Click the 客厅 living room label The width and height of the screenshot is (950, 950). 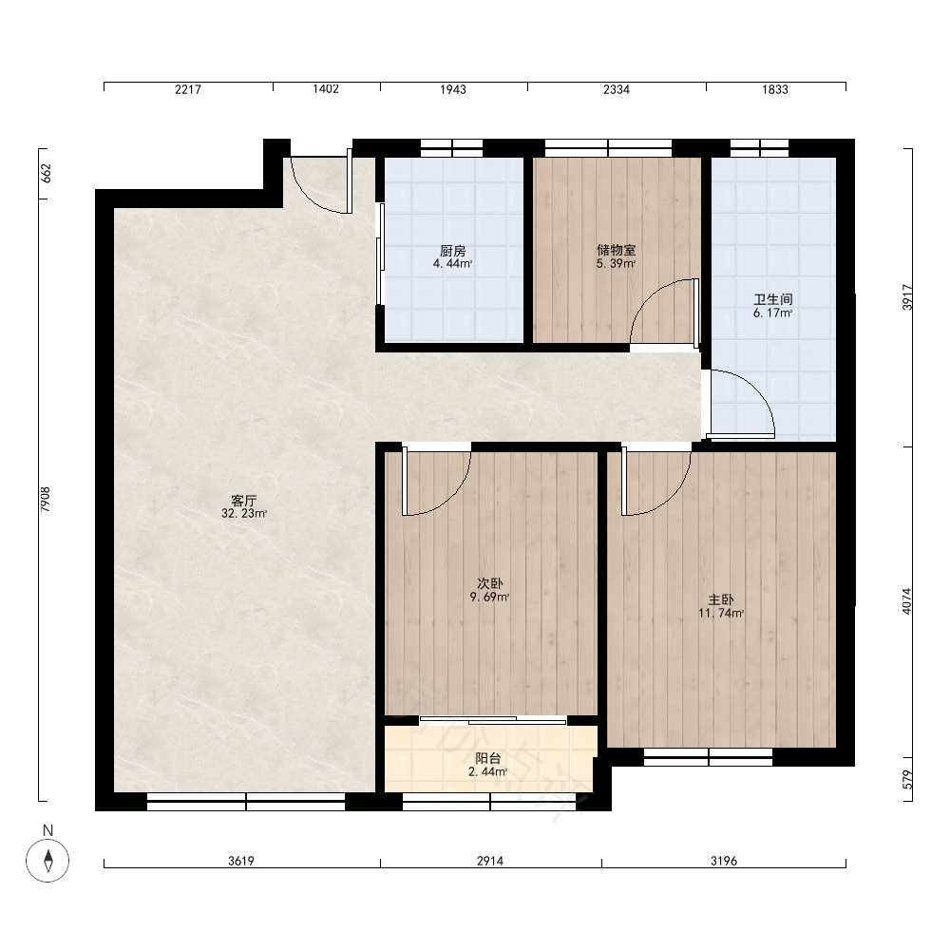coord(244,501)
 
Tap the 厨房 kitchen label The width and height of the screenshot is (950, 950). coord(452,250)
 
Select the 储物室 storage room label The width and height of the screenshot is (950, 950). coord(617,250)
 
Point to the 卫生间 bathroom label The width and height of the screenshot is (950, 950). coord(773,299)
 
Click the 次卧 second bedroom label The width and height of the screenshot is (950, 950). coord(490,583)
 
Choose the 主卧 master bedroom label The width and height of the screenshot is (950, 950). coord(721,599)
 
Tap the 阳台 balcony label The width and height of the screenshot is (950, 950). coord(488,758)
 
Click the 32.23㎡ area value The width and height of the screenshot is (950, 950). coord(244,514)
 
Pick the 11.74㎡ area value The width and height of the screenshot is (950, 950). coord(721,613)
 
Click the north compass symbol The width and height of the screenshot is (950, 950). coord(47,861)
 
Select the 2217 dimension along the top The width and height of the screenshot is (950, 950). coord(188,89)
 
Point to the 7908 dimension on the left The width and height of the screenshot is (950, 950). coord(46,500)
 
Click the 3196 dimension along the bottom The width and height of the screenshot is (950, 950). coord(723,861)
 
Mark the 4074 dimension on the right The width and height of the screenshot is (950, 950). coord(906,601)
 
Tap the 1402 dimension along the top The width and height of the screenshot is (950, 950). coord(326,89)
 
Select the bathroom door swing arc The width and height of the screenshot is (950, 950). coord(755,387)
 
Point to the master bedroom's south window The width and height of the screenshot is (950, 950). coord(709,757)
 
